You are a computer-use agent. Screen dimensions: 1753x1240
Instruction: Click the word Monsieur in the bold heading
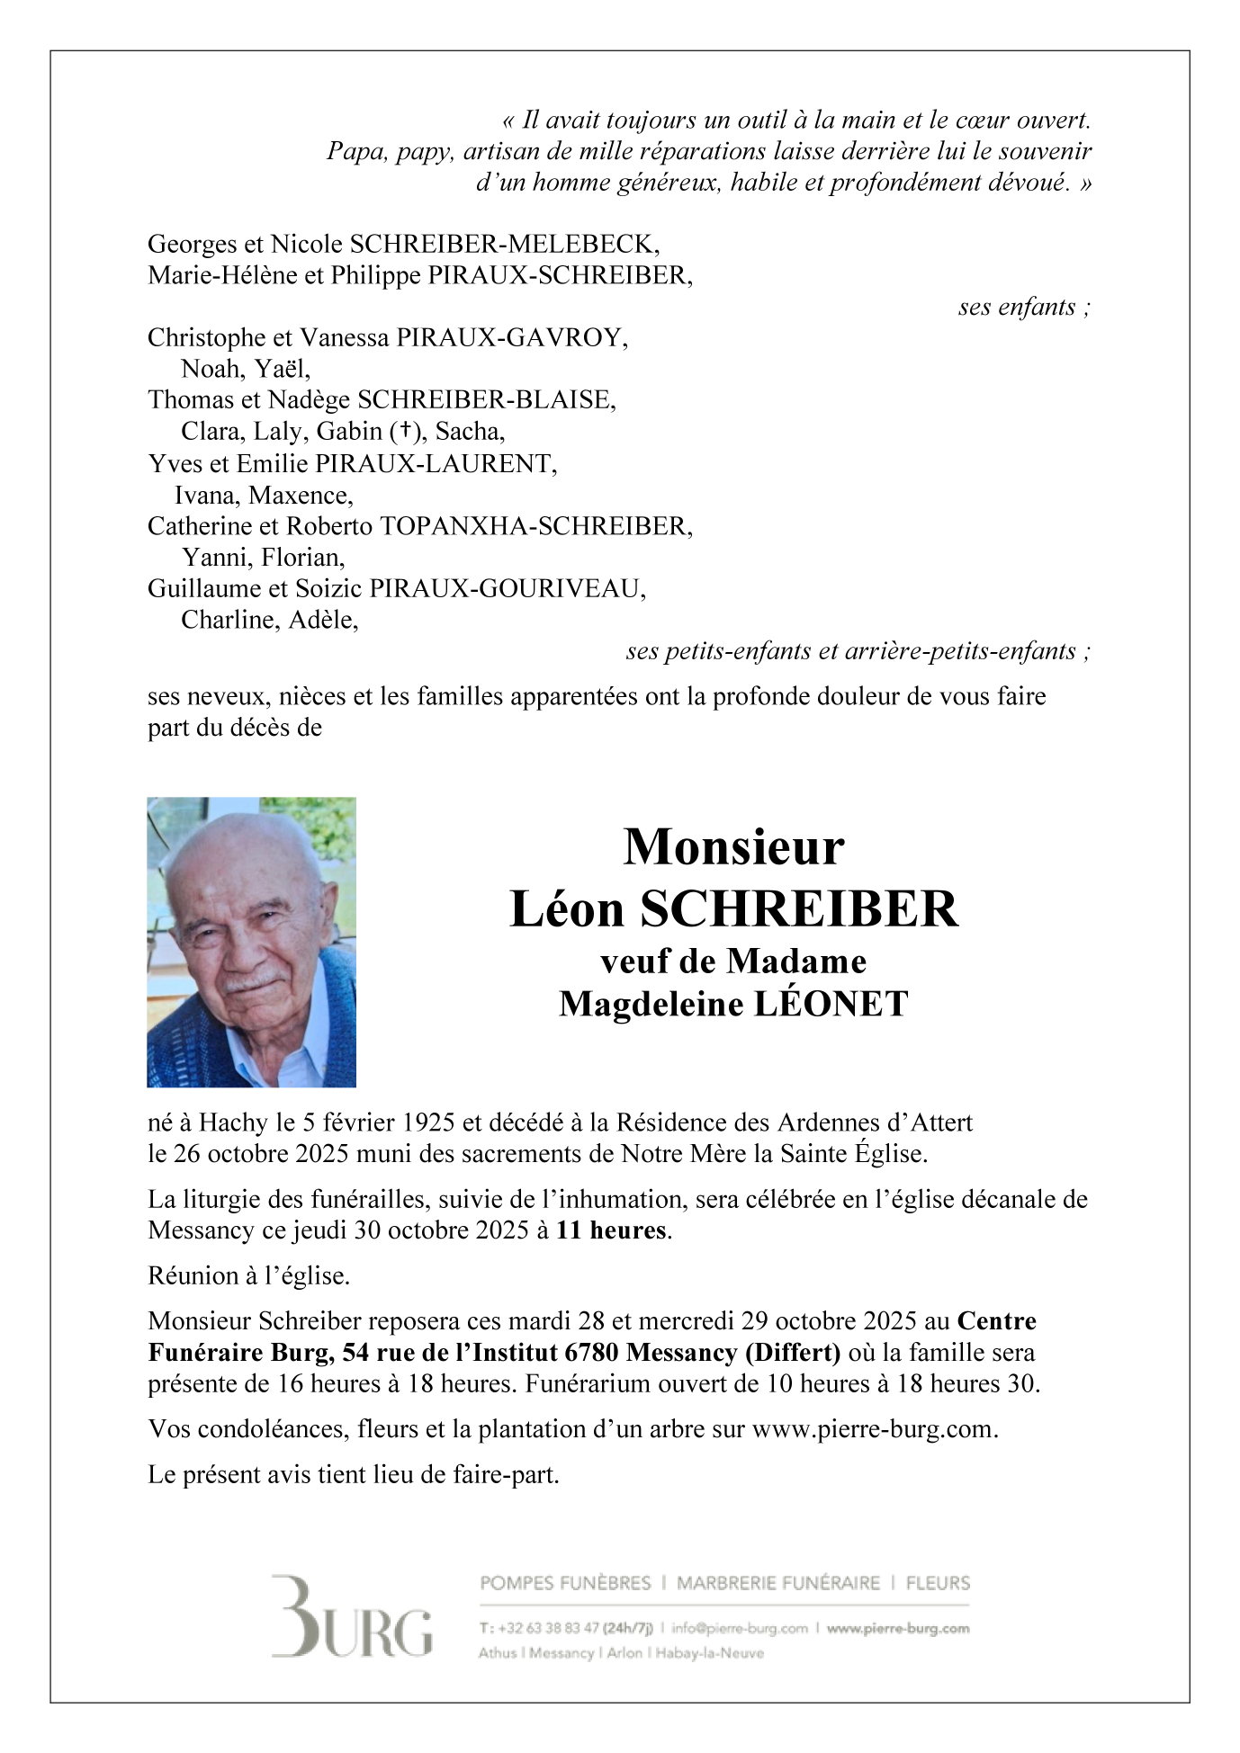[x=733, y=847]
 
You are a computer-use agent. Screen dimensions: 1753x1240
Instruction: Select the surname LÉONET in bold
[x=831, y=1004]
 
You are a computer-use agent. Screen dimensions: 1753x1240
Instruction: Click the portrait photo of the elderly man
[x=251, y=942]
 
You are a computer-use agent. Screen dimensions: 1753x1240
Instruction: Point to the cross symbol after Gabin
[x=406, y=431]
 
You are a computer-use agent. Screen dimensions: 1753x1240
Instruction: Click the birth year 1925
[x=427, y=1122]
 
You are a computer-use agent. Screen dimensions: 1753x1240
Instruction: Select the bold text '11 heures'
[x=611, y=1230]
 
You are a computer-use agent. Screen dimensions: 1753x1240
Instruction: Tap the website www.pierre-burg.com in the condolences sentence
[x=873, y=1429]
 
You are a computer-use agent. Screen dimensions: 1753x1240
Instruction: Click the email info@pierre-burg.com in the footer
[x=740, y=1628]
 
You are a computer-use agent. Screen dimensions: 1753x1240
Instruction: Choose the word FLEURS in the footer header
[x=938, y=1583]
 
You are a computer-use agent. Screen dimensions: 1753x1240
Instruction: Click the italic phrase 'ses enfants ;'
[x=1024, y=307]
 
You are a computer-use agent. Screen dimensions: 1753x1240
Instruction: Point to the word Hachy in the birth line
[x=233, y=1122]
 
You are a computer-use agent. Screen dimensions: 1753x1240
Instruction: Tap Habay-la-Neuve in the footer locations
[x=710, y=1653]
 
